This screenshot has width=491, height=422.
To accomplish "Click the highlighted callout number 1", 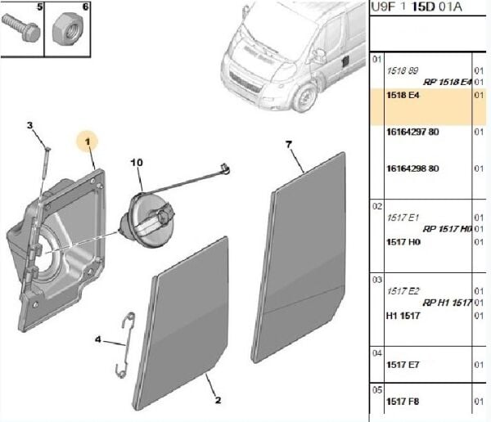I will (x=88, y=141).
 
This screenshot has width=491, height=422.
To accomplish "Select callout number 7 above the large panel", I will (x=289, y=145).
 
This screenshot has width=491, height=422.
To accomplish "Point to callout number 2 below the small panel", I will (x=218, y=400).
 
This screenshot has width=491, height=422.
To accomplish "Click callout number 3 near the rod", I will (x=29, y=126).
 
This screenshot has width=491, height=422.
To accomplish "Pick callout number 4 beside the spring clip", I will (x=98, y=339).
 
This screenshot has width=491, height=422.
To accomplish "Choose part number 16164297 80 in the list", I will (x=412, y=132).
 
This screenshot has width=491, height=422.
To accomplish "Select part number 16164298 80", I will (x=412, y=169).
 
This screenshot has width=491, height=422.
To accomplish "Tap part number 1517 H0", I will (x=402, y=242).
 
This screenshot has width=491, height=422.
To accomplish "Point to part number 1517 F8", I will (x=402, y=401).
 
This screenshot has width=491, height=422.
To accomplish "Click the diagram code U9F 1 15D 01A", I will (x=416, y=8).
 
